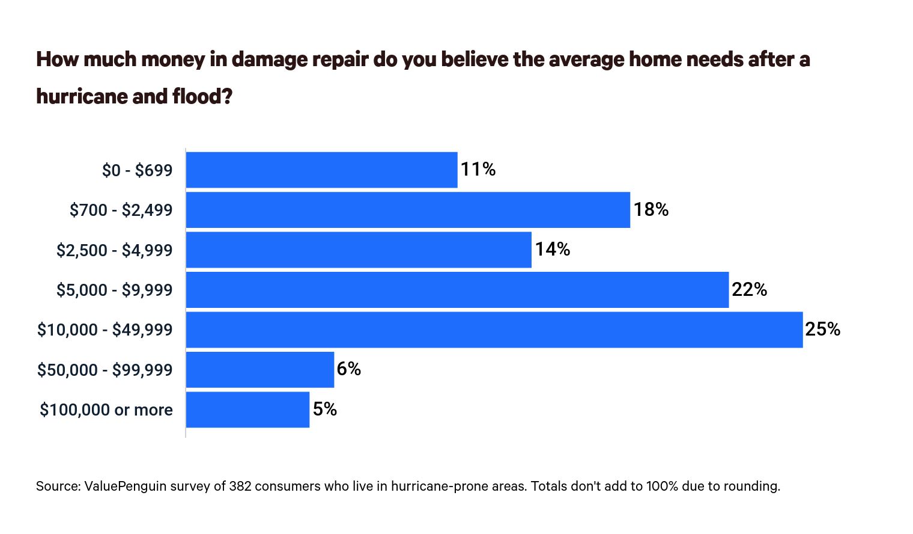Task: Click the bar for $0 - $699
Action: click(321, 170)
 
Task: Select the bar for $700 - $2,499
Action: click(408, 210)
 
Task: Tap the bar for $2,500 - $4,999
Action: click(359, 250)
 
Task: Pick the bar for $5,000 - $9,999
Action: click(457, 290)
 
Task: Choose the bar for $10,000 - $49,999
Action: click(494, 330)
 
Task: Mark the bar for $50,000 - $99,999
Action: click(260, 369)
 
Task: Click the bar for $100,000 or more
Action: click(247, 410)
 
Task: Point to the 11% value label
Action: click(478, 170)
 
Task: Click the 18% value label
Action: click(651, 209)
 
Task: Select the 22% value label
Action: click(749, 290)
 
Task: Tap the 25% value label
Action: click(823, 329)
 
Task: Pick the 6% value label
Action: click(348, 369)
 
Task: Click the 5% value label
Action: click(325, 409)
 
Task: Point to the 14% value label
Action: click(553, 249)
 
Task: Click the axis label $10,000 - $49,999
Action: click(105, 330)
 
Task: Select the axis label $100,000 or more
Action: click(106, 410)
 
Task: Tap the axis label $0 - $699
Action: click(137, 170)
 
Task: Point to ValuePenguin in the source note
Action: click(126, 486)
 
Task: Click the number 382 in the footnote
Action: click(240, 486)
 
